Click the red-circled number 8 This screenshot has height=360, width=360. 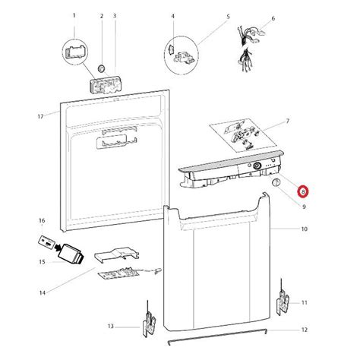302,193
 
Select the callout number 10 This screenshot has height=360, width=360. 304,229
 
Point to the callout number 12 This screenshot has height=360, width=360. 304,330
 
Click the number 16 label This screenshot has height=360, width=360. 41,221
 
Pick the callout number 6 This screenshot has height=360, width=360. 273,17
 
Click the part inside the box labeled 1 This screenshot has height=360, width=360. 74,52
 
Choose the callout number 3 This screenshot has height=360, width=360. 114,15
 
